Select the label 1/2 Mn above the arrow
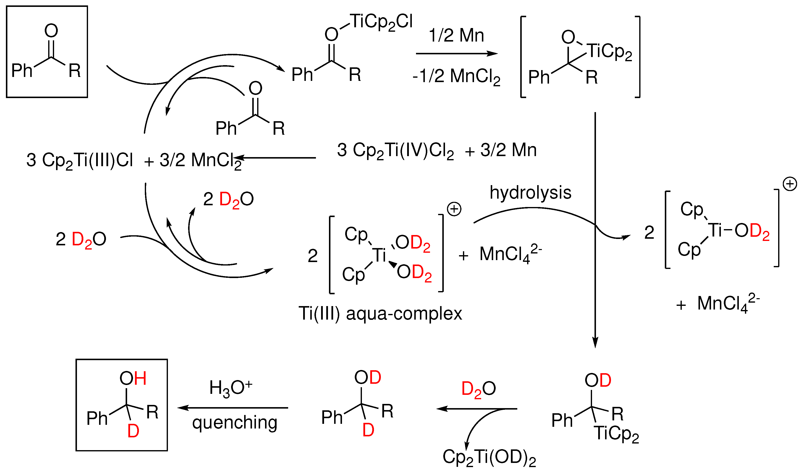(457, 35)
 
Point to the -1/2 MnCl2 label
(457, 76)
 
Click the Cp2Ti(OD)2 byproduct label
(489, 457)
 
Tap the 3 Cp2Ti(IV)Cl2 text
(395, 150)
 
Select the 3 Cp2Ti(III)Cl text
(80, 160)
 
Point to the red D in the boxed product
(133, 431)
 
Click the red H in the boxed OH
(140, 379)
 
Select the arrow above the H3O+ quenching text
(233, 408)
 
